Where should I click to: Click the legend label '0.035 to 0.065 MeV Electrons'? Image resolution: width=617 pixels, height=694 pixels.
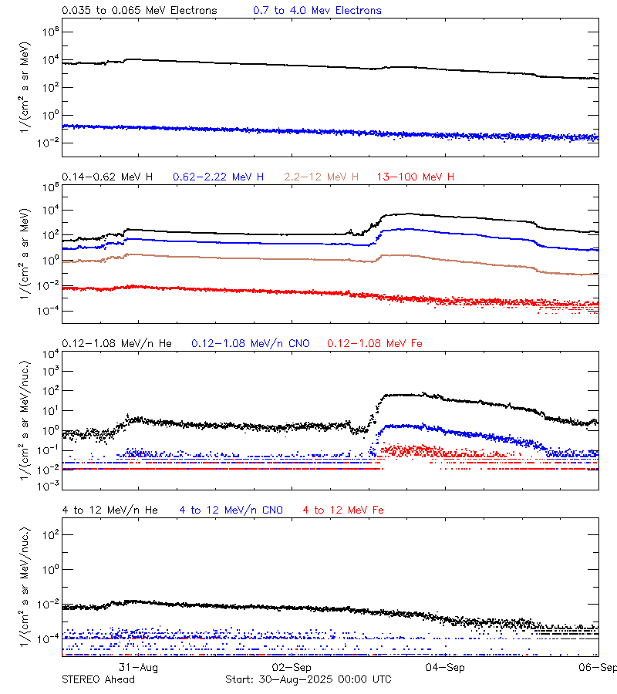(139, 11)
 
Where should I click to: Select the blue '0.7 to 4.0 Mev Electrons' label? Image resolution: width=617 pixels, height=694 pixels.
(317, 11)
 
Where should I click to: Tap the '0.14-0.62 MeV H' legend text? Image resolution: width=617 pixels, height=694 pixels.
(107, 177)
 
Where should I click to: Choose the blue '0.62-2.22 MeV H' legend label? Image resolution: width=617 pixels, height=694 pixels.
(218, 177)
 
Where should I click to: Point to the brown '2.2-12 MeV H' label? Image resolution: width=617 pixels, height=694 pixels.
(322, 177)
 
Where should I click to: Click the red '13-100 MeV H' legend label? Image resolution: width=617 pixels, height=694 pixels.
(416, 177)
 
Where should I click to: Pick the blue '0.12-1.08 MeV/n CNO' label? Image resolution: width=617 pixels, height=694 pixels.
(251, 343)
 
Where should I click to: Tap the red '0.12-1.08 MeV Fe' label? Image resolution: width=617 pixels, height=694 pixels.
(375, 343)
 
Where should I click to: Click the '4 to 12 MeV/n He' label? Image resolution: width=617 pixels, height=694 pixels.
(110, 510)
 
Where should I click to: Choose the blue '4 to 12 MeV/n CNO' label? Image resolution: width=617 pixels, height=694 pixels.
(231, 510)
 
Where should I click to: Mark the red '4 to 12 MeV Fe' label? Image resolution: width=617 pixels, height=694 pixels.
(343, 510)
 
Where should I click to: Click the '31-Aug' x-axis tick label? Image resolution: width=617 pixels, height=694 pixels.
(139, 667)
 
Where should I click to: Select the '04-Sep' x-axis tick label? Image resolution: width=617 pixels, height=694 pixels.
(444, 667)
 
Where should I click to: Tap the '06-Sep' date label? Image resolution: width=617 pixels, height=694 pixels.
(598, 667)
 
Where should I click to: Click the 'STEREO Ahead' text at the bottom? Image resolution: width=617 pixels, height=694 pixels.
(98, 679)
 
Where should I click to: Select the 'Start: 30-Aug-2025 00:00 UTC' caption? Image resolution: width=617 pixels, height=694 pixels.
(308, 679)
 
